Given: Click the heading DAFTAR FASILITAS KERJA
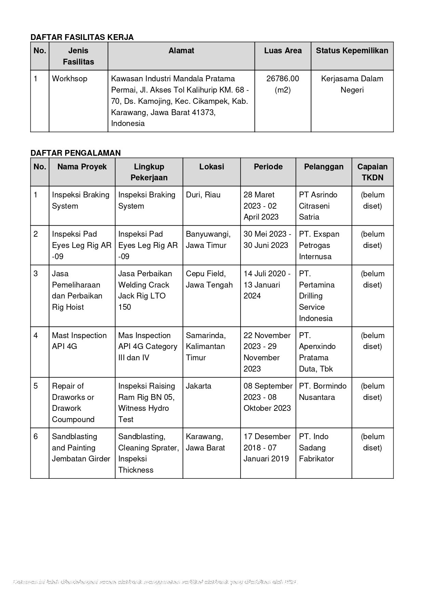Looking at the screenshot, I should coord(82,37).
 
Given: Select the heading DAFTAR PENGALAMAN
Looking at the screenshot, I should coord(76,153).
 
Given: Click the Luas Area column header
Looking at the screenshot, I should coord(283,51).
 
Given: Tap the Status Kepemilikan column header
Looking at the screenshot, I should coord(352,51).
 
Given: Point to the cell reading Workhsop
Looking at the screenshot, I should coord(70,79).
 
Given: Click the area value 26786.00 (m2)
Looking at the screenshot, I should coord(283,84).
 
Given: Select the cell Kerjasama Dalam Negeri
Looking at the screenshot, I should coord(352,84).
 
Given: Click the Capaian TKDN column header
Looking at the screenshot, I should coord(372,172).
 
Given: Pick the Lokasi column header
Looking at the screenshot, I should coord(211,167).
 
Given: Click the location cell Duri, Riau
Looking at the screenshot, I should coord(203,195).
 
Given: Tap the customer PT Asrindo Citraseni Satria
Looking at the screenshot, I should coord(318,206).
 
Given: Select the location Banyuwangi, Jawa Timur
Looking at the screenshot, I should coord(208,240).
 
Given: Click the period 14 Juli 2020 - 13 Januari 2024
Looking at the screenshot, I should coord(267,285).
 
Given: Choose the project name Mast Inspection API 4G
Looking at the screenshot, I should coord(79,341).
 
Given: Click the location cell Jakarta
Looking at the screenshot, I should coord(199,386).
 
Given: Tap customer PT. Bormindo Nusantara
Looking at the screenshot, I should coord(323,392).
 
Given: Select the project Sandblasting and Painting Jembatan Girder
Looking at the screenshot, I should coord(81,448).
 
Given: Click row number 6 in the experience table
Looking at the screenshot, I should coord(36,437).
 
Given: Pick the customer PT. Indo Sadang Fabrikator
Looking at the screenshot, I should coord(316,448).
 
